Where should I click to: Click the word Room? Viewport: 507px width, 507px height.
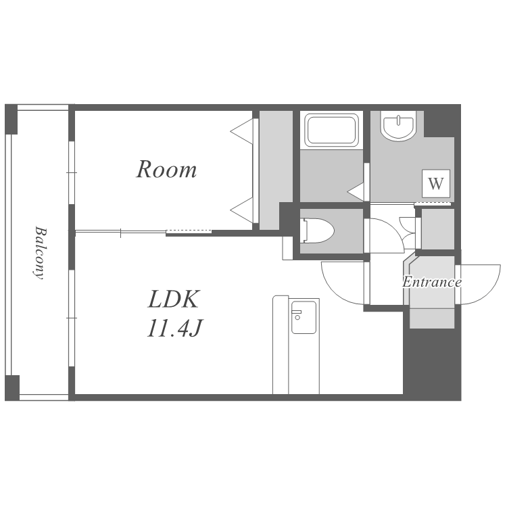coord(166,169)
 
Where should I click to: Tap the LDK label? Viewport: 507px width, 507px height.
coord(173,299)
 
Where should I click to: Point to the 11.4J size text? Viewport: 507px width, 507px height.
coord(174,328)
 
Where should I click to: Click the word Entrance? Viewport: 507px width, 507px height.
coord(432,282)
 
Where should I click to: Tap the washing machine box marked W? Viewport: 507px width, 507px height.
coord(436,183)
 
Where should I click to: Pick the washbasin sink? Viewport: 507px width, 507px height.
coord(398,126)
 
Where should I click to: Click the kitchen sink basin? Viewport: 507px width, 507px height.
coord(304,317)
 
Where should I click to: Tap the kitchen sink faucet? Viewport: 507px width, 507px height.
coord(297,314)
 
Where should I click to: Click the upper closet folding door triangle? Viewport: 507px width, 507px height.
coord(242,131)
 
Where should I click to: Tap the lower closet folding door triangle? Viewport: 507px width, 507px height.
coord(242,210)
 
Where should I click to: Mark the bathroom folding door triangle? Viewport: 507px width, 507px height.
coord(356,192)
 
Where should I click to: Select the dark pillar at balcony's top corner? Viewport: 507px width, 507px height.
coord(11,119)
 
